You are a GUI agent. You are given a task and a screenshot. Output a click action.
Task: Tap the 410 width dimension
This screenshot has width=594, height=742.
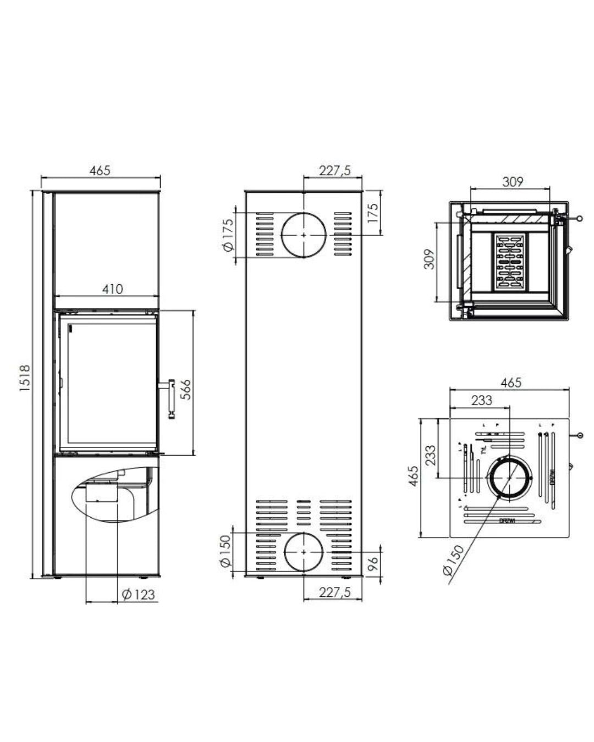pos(112,288)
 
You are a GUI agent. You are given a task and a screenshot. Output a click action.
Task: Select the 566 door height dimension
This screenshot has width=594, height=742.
pos(186,389)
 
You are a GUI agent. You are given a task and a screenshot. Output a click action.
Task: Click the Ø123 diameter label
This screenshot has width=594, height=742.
pos(139,594)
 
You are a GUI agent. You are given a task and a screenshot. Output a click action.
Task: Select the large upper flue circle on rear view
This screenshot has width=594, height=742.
pos(304,235)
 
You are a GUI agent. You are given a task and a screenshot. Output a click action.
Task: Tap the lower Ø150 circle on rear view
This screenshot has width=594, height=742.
pos(304,551)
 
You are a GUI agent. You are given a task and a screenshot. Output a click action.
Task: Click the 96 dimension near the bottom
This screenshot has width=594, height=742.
pos(373,563)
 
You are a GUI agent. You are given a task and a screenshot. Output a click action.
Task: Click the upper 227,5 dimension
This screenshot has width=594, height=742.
pos(334,171)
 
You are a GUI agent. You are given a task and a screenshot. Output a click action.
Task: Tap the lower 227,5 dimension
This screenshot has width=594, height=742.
pos(334,591)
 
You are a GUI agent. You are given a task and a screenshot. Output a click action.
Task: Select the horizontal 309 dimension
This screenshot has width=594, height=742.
pos(513,181)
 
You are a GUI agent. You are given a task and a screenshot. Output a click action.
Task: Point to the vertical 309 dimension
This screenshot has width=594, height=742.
pos(430,259)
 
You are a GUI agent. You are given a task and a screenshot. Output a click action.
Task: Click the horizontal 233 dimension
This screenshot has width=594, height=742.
pos(481,400)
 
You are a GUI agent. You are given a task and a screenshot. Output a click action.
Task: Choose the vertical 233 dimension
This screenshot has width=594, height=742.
pos(430,455)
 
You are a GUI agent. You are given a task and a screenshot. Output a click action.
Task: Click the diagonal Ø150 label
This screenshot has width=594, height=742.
pos(454,561)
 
